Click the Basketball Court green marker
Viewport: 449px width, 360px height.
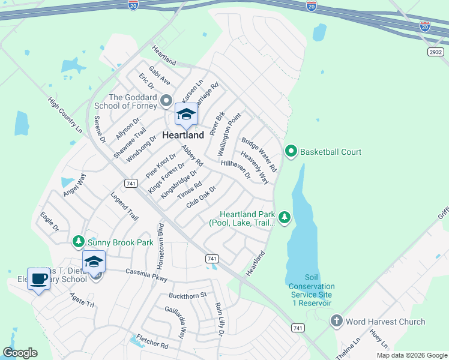click(x=291, y=151)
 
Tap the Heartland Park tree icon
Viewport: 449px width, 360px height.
click(x=285, y=218)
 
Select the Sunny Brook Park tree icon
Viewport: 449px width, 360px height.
click(x=78, y=241)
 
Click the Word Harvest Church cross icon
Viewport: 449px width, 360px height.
click(x=337, y=321)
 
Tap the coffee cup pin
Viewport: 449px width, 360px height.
click(x=38, y=279)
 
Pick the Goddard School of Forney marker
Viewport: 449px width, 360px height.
click(x=167, y=101)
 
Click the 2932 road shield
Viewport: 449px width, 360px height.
click(x=436, y=52)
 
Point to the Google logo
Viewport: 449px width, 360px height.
click(x=20, y=353)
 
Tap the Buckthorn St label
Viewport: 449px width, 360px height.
click(x=187, y=295)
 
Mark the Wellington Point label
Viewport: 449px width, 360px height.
click(x=231, y=134)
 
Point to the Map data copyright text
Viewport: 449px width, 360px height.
click(x=412, y=355)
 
